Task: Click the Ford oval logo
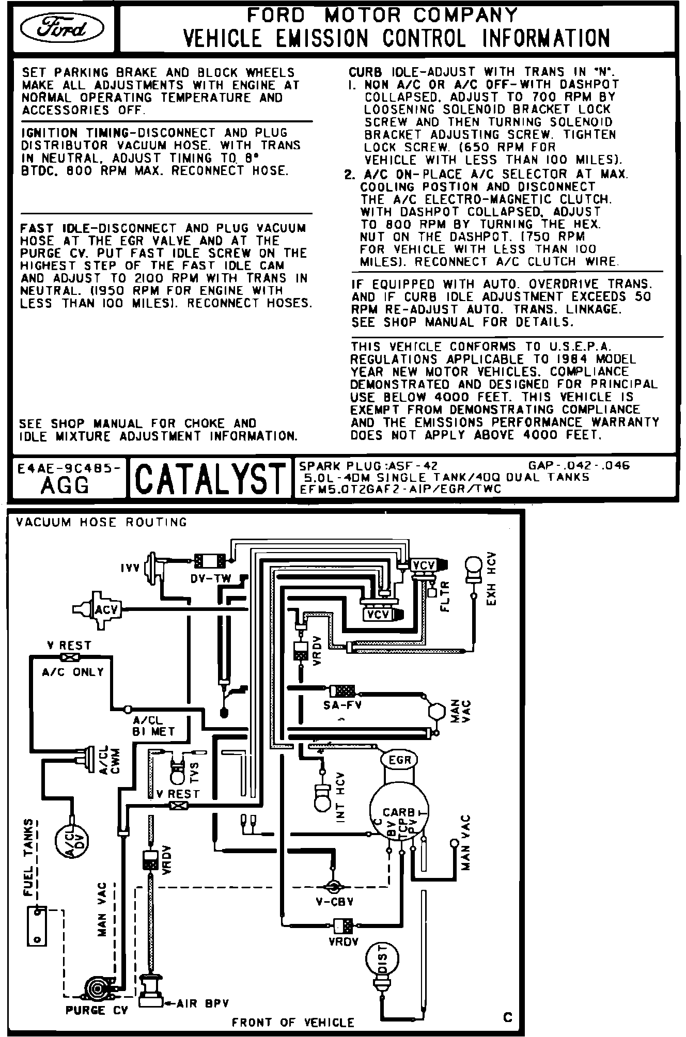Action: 61,30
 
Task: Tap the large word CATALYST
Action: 209,477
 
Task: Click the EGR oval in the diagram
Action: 400,760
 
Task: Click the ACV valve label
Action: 106,610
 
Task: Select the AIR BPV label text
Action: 202,1003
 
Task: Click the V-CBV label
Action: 334,902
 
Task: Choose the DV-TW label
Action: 211,579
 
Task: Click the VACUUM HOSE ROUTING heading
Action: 101,522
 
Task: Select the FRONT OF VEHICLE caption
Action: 293,1023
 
